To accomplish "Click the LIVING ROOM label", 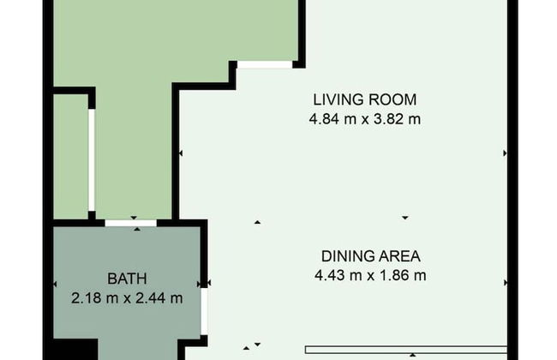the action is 365,99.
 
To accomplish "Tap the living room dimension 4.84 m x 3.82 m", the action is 365,119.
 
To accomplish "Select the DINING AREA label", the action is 371,256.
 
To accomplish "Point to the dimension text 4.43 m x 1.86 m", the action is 370,275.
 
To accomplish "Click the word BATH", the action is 127,279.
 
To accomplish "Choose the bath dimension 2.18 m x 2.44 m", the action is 127,297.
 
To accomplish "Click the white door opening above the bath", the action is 131,223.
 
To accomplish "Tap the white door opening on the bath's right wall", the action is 204,311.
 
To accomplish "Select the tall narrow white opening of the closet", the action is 92,160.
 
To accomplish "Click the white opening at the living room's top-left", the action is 265,64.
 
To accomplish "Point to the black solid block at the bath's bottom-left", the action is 75,350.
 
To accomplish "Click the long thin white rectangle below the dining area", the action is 406,350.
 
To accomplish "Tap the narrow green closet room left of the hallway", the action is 70,157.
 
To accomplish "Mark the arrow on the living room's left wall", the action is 181,153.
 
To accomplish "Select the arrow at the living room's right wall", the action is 505,153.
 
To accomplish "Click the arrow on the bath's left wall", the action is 55,284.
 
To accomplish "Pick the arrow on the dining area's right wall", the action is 505,283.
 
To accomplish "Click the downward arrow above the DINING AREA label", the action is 405,218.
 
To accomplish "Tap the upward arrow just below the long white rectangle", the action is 412,355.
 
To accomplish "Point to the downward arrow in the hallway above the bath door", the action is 134,218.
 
